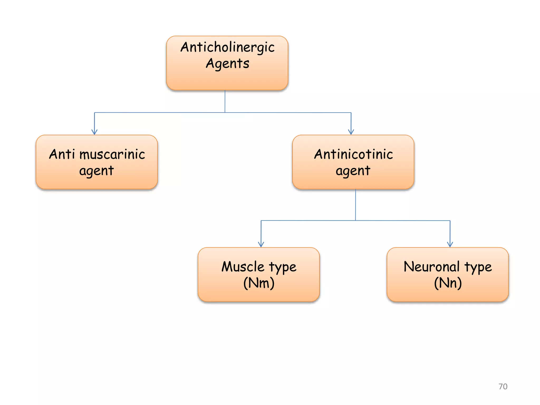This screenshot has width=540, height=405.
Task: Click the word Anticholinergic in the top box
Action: tap(227, 47)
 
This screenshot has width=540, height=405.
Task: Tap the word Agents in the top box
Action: tap(227, 64)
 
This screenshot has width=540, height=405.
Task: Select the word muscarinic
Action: tap(112, 155)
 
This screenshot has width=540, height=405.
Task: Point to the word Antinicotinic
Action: tap(353, 154)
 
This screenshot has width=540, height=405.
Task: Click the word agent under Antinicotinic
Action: tap(353, 171)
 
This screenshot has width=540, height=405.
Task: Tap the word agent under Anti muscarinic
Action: tap(97, 171)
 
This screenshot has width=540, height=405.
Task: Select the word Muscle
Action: tap(243, 267)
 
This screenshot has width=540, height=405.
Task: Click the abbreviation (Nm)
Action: tap(259, 283)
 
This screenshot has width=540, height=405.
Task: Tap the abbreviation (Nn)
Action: tap(448, 283)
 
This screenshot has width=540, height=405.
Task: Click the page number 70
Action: tap(503, 387)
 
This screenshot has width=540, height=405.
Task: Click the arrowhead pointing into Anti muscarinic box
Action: tap(94, 132)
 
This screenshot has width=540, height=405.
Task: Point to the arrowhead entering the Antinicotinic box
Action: tap(351, 132)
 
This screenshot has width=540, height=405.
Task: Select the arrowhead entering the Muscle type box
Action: tap(261, 244)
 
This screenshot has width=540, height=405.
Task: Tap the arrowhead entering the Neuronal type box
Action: tap(450, 244)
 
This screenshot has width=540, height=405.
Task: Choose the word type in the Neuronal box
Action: tap(478, 268)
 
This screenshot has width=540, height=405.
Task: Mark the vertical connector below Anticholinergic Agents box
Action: tap(225, 101)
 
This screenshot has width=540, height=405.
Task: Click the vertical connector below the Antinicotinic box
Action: tap(355, 205)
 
